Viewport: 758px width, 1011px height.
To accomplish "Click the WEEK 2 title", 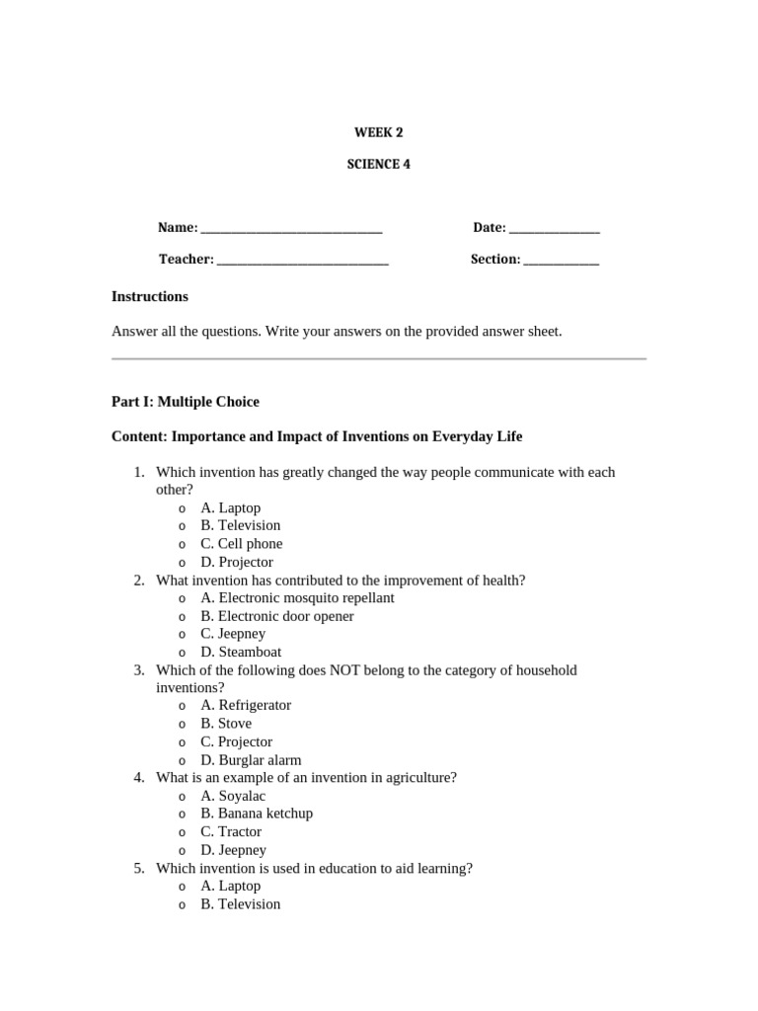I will point(379,132).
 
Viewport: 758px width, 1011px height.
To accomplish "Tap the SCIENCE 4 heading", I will point(378,165).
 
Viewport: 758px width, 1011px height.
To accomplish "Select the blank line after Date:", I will point(554,229).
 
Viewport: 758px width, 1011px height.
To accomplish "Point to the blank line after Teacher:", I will point(302,260).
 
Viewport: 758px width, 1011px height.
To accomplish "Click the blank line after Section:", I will point(561,260).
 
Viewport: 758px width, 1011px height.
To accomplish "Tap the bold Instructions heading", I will point(150,296).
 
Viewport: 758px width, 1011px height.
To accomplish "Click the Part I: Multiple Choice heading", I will point(186,402).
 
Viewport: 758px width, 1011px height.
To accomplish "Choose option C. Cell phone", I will point(241,544).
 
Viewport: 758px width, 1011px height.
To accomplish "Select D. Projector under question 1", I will point(236,562).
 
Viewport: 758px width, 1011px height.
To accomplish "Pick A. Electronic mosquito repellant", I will point(296,597).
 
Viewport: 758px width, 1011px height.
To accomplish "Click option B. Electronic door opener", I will point(276,616).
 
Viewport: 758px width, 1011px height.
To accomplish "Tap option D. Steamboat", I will point(241,652).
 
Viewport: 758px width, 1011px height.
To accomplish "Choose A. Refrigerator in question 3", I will point(245,705).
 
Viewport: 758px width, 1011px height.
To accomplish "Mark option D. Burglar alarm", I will point(251,760).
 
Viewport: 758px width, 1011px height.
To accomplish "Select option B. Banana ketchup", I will point(256,814).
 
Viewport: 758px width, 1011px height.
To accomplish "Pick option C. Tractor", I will point(231,831).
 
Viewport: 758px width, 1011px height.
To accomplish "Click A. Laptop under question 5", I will point(230,886).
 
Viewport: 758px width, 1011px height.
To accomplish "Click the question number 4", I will point(139,778).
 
